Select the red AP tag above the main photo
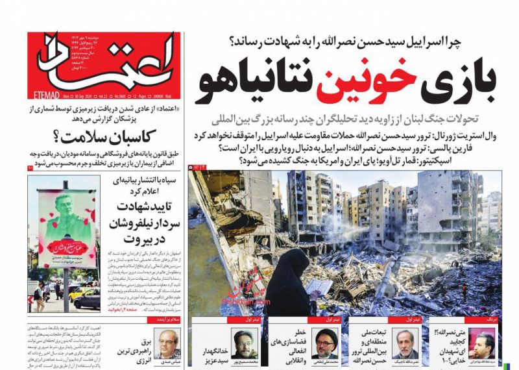[x=195, y=167]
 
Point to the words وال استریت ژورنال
[x=471, y=136]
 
